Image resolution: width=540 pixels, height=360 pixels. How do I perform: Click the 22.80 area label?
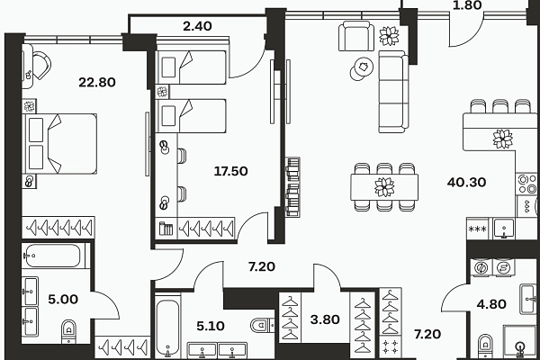click(97, 82)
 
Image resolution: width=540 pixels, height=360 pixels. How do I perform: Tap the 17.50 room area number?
click(230, 171)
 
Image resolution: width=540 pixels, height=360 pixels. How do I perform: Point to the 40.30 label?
click(466, 182)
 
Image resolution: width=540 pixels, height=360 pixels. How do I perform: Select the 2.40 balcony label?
click(197, 26)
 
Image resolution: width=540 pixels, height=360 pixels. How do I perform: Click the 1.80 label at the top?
click(467, 5)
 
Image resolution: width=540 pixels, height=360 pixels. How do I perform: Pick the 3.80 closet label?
click(325, 319)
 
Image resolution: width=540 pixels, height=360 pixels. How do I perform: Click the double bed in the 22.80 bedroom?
click(59, 144)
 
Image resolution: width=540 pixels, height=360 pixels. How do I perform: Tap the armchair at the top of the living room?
click(356, 36)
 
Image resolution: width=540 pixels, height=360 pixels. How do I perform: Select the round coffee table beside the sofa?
click(362, 68)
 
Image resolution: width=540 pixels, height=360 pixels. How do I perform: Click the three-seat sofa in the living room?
click(393, 92)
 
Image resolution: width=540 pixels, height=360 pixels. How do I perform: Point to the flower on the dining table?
click(384, 187)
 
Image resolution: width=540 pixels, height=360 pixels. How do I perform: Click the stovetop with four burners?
click(526, 184)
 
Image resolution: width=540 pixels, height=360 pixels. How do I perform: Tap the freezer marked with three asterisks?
click(478, 229)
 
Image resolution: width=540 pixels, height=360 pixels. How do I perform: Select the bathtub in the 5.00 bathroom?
click(53, 256)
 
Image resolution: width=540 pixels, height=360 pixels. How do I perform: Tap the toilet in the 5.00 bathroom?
click(69, 331)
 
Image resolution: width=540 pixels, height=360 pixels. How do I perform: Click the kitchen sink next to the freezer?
click(503, 229)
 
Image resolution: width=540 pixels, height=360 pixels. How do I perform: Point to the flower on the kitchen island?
click(503, 139)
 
